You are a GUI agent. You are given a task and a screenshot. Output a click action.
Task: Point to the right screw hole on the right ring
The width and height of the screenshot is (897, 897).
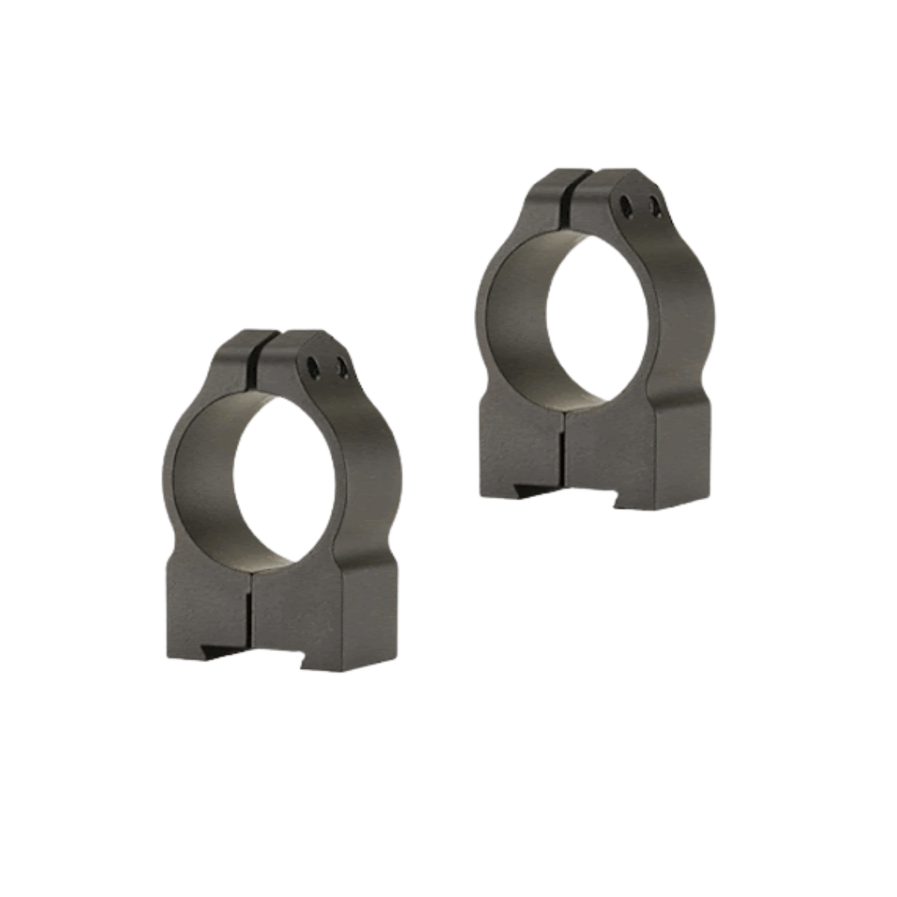(656, 204)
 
